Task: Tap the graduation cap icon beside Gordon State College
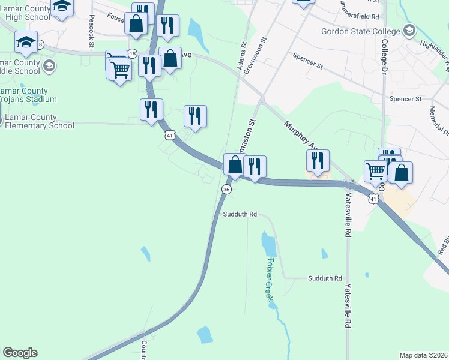coord(409,30)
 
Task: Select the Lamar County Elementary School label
coord(37,121)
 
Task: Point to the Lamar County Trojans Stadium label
coord(28,95)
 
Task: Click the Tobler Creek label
coord(270,279)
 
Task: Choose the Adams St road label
coord(243,56)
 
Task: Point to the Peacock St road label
coord(92,32)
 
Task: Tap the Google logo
coord(20,353)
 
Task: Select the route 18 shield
coord(132,53)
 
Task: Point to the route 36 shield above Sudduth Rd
coord(226,189)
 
